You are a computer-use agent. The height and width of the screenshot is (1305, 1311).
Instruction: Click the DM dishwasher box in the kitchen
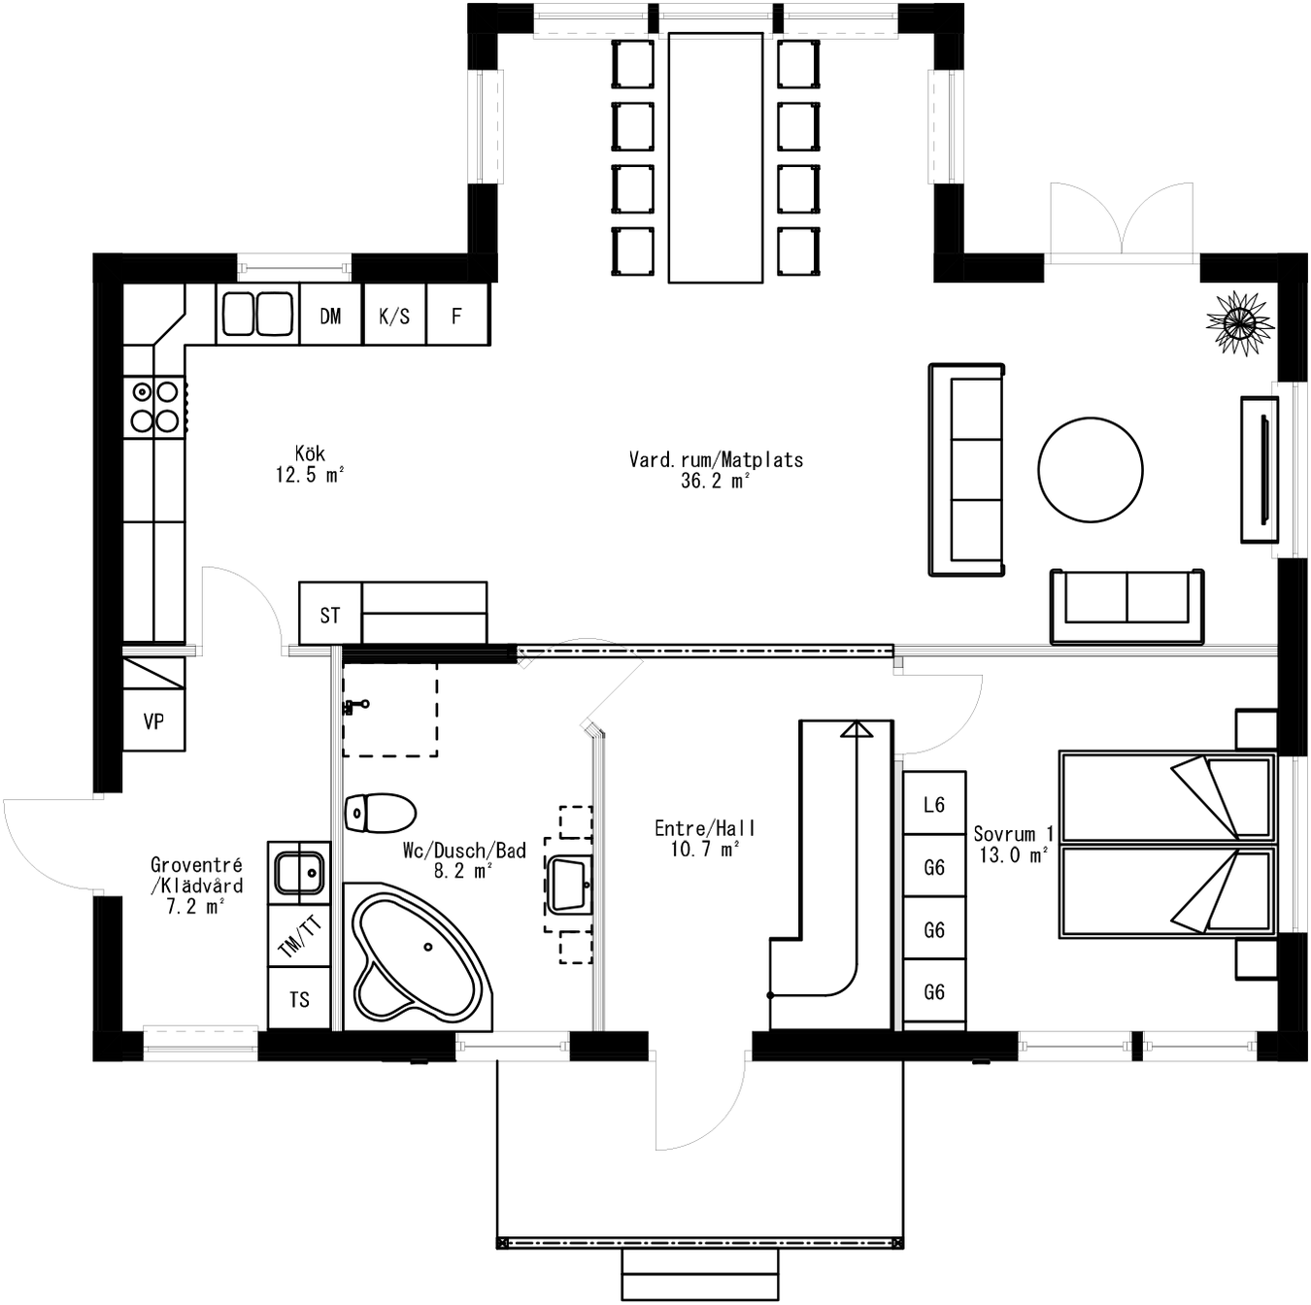[x=330, y=315]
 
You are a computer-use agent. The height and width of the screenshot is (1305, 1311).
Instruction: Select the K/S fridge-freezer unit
[x=394, y=315]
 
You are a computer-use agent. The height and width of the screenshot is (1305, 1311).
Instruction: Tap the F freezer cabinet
[x=456, y=315]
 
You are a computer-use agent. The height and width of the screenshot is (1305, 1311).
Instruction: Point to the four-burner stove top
[x=154, y=406]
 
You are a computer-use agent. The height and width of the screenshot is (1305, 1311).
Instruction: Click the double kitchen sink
[x=257, y=315]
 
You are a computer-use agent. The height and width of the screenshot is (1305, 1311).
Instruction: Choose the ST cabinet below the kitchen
[x=330, y=614]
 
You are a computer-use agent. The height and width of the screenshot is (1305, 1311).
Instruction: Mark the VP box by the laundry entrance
[x=153, y=720]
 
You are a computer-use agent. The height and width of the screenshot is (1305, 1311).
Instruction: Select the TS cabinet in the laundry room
[x=299, y=998]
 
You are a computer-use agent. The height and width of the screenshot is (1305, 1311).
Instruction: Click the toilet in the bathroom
[x=380, y=813]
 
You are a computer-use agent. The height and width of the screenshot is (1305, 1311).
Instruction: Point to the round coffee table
[x=1090, y=470]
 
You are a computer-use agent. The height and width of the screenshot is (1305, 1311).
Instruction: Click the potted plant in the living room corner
[x=1239, y=321]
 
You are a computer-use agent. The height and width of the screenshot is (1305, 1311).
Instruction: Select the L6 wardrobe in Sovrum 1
[x=934, y=803]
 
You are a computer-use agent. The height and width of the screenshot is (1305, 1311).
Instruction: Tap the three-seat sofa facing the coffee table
[x=966, y=470]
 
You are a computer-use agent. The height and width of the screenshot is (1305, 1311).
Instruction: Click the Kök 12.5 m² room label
[x=310, y=464]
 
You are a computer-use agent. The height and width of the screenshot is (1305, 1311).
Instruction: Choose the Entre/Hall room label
[x=704, y=838]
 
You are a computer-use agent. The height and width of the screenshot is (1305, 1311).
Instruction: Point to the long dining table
[x=716, y=157]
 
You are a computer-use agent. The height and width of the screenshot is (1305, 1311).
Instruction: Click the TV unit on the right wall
[x=1260, y=469]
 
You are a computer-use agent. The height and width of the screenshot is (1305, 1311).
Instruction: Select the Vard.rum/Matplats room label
[x=716, y=470]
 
